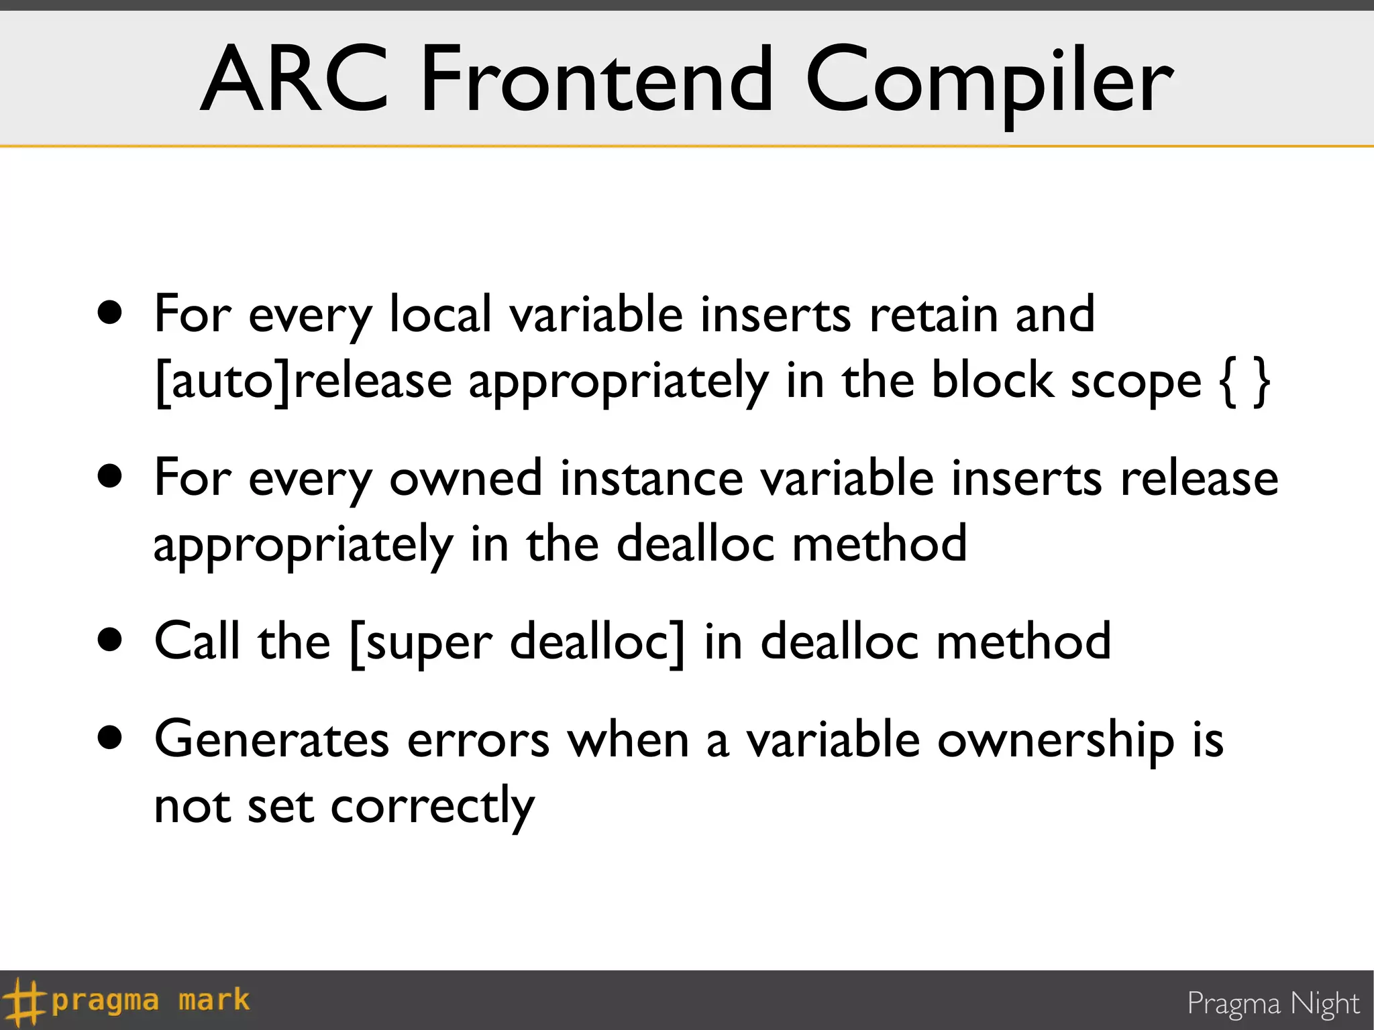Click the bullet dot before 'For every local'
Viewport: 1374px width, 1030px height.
[110, 312]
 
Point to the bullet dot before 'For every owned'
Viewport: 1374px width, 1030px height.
[110, 476]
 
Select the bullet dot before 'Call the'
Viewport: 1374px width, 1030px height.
[110, 640]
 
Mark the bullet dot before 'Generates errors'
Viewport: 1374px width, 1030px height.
[110, 738]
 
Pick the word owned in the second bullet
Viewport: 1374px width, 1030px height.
[466, 479]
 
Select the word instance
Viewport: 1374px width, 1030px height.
[651, 479]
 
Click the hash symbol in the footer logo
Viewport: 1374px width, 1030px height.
[24, 1002]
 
